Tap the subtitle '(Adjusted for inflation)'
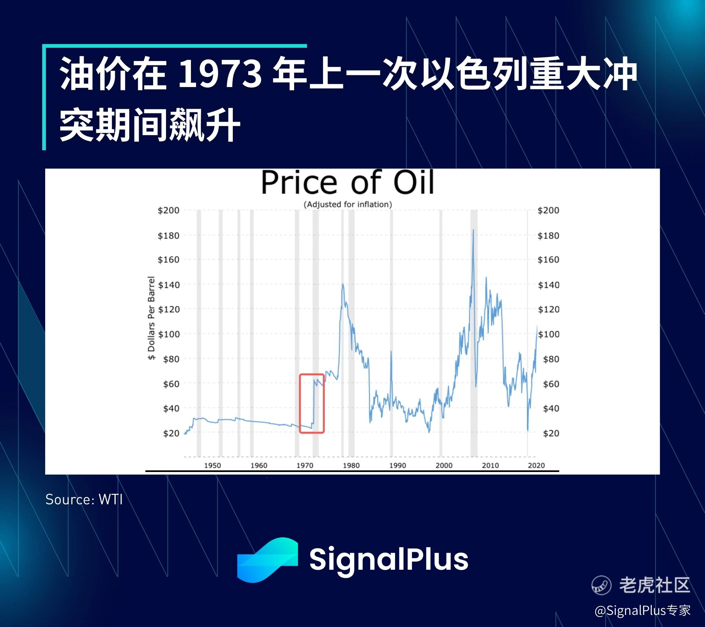click(x=348, y=205)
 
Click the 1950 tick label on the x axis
click(x=213, y=465)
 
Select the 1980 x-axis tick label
click(x=351, y=465)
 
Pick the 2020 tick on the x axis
click(x=536, y=465)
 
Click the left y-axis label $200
click(x=169, y=210)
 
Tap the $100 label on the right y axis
click(x=549, y=334)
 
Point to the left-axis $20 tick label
click(x=171, y=433)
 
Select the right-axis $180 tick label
click(x=549, y=236)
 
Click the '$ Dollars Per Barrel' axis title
click(x=151, y=318)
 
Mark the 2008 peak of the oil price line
click(x=473, y=230)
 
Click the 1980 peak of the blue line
click(x=343, y=284)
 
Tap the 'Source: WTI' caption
click(x=84, y=500)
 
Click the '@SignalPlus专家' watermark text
click(x=643, y=610)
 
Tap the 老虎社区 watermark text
click(x=655, y=585)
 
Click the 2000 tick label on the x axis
click(x=444, y=465)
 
